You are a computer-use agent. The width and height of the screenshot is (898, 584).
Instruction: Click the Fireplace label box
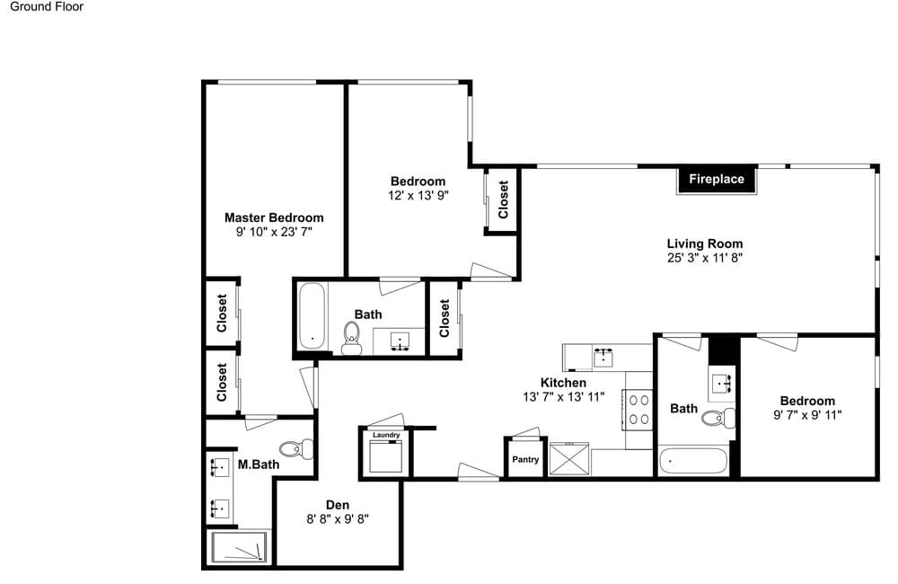[717, 180]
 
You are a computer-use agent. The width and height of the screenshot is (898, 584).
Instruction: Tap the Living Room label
[704, 243]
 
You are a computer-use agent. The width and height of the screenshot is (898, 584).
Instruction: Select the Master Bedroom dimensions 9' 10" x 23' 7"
[274, 232]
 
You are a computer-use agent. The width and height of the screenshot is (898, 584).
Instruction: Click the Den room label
[338, 505]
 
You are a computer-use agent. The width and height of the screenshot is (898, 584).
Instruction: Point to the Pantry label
[525, 460]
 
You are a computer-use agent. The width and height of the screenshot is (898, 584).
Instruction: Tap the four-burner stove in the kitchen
[638, 410]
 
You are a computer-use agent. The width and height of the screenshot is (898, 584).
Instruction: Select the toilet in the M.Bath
[296, 448]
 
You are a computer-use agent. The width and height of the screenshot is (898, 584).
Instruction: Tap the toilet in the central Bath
[351, 338]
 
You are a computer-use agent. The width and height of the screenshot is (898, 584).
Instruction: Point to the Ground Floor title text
[47, 7]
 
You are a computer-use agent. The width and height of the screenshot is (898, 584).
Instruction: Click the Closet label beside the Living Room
[504, 199]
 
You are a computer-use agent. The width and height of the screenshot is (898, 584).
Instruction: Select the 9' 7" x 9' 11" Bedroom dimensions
[807, 415]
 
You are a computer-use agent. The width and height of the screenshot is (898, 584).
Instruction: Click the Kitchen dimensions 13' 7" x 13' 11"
[564, 396]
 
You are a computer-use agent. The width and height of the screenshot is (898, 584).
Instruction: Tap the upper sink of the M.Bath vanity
[219, 467]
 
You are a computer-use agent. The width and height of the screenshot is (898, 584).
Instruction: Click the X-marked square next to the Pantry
[568, 458]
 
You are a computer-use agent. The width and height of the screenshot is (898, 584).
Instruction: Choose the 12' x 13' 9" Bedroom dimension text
[418, 196]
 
